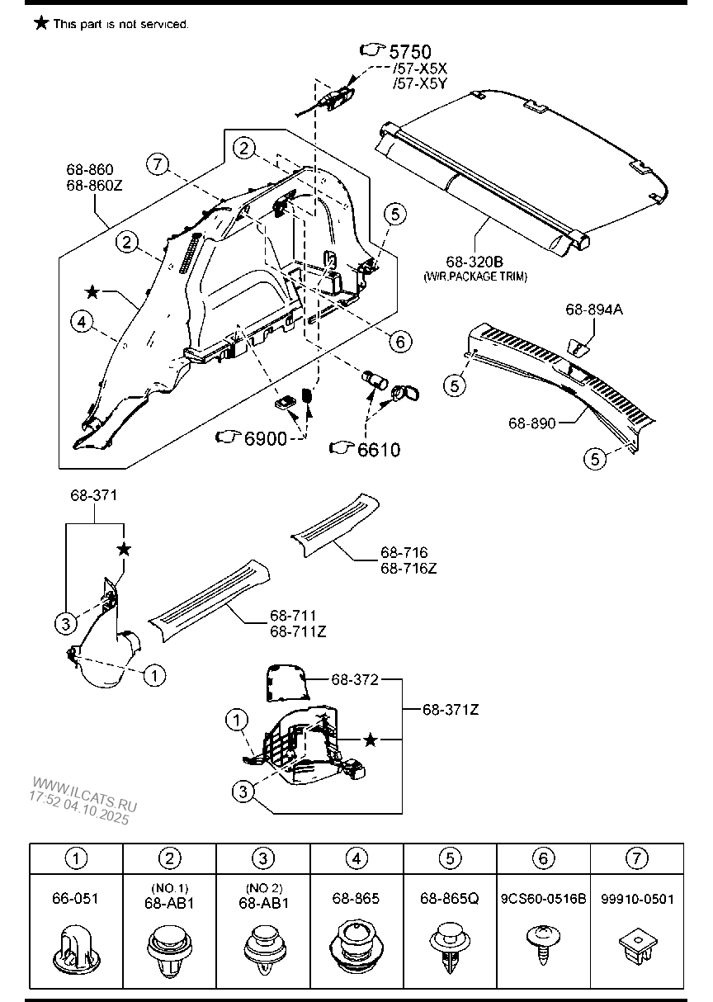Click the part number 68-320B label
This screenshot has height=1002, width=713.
click(475, 262)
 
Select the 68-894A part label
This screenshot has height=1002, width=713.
click(594, 309)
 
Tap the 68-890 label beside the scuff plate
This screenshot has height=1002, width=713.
click(531, 423)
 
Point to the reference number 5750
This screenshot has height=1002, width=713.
click(410, 52)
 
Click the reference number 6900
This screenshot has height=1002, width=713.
click(266, 438)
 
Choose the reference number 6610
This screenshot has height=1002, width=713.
click(379, 450)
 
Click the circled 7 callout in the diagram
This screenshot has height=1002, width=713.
click(157, 164)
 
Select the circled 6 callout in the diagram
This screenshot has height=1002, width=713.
click(400, 342)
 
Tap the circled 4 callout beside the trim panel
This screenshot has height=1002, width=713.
click(82, 321)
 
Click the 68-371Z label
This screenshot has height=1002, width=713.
click(451, 710)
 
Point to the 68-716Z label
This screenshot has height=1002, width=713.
click(408, 568)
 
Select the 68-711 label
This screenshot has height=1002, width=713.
click(293, 616)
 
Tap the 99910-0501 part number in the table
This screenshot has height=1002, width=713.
click(637, 899)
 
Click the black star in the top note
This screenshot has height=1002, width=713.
click(41, 23)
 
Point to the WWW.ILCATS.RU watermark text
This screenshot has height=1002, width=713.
click(84, 795)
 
